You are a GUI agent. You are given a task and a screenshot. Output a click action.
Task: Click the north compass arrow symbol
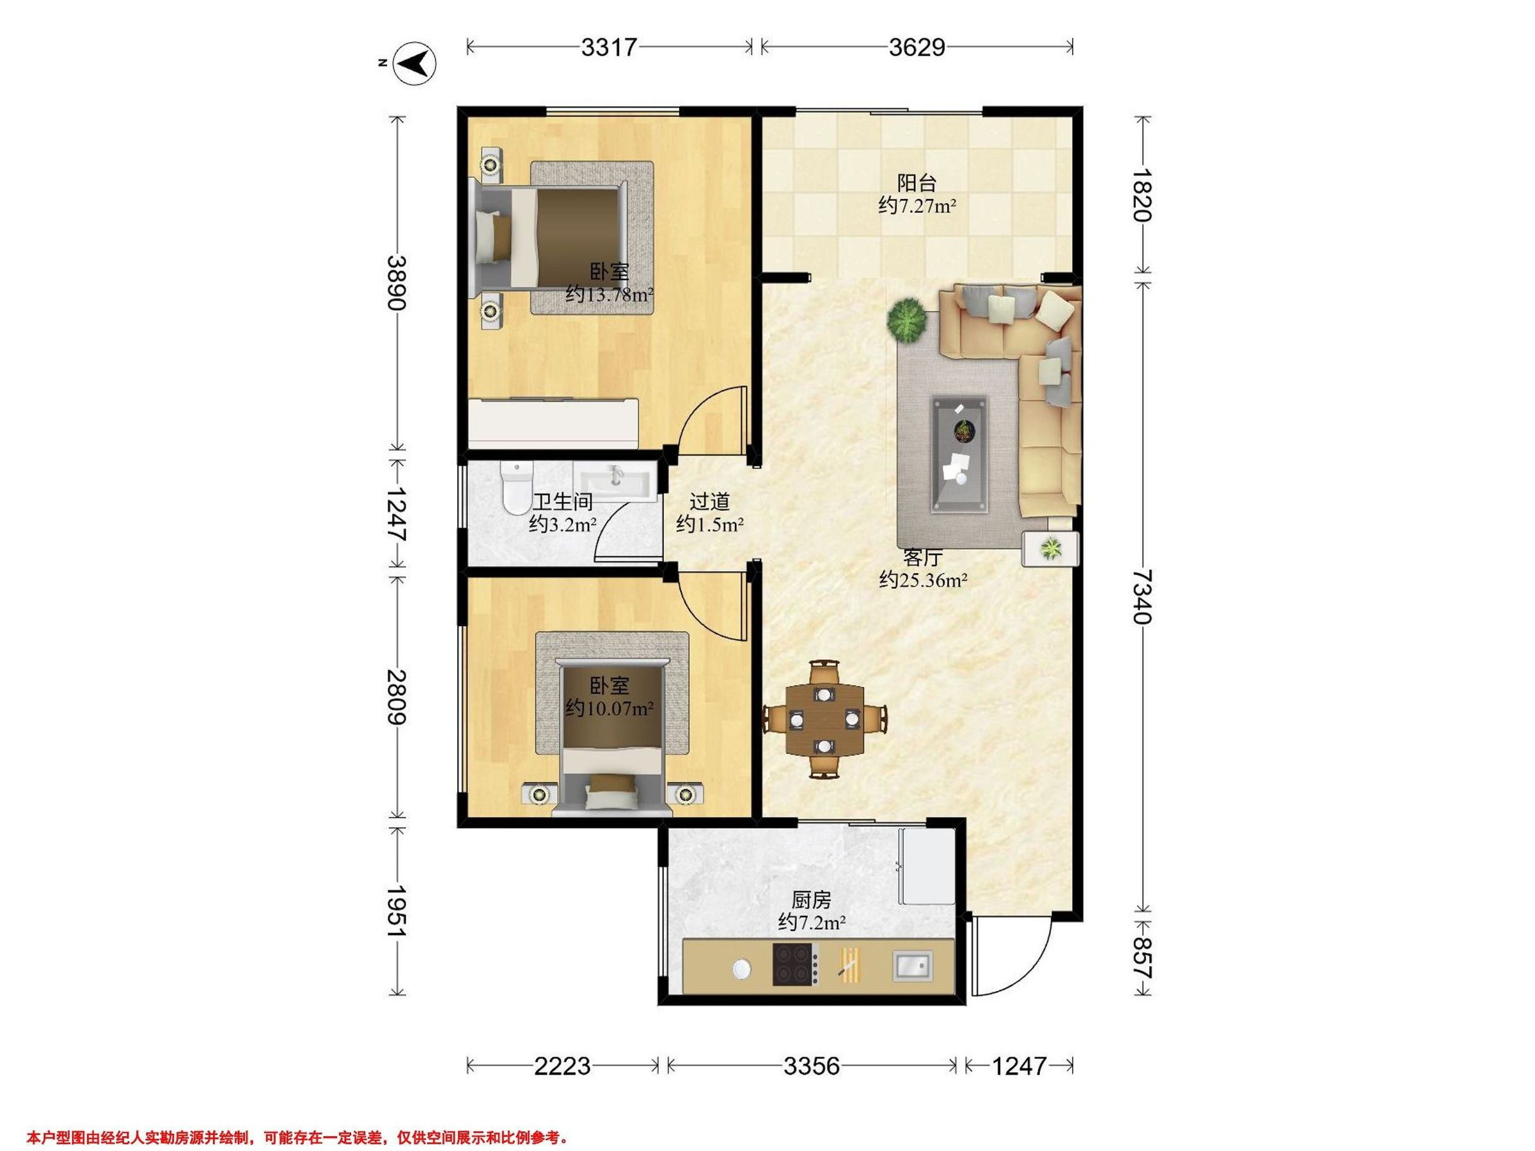414,64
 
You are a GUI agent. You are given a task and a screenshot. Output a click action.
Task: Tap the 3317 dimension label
609,47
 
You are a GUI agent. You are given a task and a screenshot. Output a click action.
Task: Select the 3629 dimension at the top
917,47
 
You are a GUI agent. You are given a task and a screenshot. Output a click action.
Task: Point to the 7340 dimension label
1142,597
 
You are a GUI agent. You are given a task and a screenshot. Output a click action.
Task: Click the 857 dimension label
1142,958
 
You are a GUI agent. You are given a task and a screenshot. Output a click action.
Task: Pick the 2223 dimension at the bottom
562,1066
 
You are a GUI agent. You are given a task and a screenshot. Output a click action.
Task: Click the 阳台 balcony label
917,183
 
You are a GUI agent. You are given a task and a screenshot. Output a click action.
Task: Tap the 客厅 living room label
923,557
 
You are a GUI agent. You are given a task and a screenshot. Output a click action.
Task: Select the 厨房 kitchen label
811,900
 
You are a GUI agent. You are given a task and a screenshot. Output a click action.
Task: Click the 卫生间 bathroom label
562,501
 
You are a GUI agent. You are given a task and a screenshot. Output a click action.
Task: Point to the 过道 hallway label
709,501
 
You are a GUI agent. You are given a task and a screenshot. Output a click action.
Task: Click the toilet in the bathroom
516,489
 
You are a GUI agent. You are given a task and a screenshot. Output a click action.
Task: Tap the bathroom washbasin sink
615,480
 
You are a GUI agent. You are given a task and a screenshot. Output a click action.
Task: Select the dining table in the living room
824,719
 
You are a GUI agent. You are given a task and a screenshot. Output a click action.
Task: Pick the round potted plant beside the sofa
906,319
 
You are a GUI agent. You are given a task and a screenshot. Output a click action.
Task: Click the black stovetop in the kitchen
796,964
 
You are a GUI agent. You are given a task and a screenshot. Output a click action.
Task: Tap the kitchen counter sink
913,966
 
